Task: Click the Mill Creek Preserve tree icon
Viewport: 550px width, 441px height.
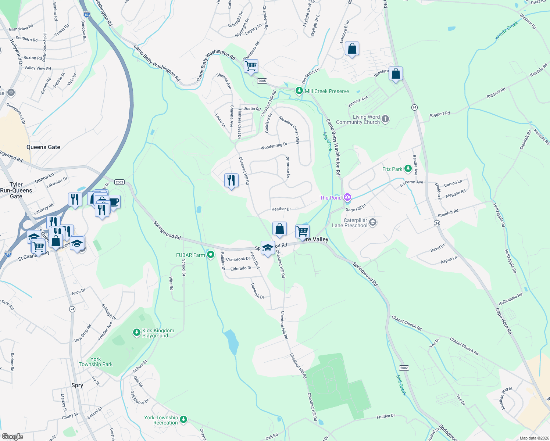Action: point(299,91)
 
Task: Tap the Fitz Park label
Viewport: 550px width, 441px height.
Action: point(392,169)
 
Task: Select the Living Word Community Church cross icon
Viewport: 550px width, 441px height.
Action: point(385,119)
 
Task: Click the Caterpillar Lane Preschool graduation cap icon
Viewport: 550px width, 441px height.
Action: point(373,222)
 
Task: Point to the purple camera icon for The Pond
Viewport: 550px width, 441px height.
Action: point(347,198)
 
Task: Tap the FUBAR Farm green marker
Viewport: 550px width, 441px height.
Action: point(211,255)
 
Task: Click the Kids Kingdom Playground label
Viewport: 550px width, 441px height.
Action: point(155,333)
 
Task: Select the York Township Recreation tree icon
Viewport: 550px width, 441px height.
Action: point(183,419)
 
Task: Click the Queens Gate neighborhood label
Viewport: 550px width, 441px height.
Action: point(43,147)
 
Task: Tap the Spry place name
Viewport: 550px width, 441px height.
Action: point(77,385)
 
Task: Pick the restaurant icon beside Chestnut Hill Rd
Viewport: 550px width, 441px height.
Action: point(231,180)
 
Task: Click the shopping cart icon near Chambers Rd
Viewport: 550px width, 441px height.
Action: point(251,67)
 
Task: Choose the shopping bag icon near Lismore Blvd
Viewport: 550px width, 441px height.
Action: point(352,49)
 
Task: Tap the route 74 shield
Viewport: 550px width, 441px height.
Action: point(72,309)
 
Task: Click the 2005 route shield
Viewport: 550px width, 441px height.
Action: point(262,81)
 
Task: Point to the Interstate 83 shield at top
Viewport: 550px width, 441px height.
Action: point(87,15)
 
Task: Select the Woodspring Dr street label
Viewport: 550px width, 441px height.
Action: point(274,146)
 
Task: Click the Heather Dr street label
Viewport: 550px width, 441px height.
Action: point(281,209)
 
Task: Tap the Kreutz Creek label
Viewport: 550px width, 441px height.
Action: point(507,30)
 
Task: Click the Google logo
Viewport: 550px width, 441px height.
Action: point(12,436)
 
